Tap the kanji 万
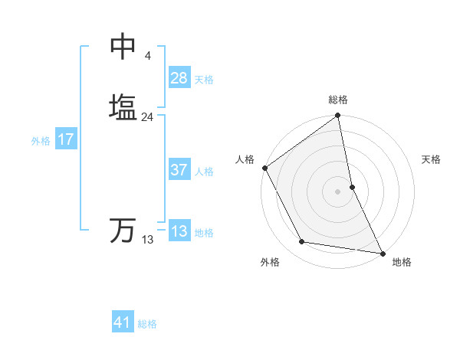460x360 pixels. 123,231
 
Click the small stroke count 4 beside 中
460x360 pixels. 147,56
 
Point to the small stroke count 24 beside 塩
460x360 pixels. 147,117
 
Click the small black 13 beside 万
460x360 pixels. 147,240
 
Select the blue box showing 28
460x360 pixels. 179,78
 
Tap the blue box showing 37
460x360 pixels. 179,170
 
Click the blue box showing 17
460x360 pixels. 66,139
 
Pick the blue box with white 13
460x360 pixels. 179,231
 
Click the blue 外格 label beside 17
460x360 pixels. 41,141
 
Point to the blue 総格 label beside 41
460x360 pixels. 147,324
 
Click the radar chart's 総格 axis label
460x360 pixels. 338,100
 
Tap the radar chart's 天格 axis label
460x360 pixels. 431,159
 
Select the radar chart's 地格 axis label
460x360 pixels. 402,262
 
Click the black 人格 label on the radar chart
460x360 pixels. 245,159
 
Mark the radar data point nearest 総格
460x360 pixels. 338,116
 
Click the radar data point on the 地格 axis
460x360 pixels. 382,253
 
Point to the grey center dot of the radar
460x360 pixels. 338,191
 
